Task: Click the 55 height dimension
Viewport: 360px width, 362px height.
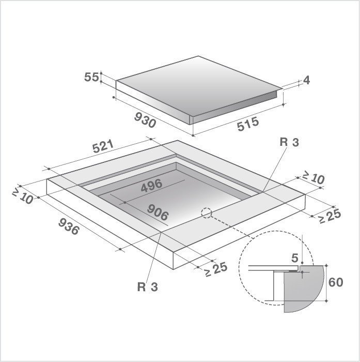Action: pos(91,77)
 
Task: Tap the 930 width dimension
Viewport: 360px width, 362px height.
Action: pos(145,120)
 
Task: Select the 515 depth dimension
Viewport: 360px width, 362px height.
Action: pos(248,124)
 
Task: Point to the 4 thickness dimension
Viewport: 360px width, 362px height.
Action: pos(306,80)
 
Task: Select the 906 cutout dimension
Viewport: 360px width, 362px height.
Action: pos(159,212)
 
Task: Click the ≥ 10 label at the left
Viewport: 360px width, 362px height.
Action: pos(23,196)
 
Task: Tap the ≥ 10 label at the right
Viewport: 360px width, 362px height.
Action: pos(312,178)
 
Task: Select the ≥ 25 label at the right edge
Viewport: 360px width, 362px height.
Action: pos(329,216)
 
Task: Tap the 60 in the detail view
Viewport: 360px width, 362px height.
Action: pos(336,282)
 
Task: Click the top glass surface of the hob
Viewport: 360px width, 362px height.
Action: pos(199,83)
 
